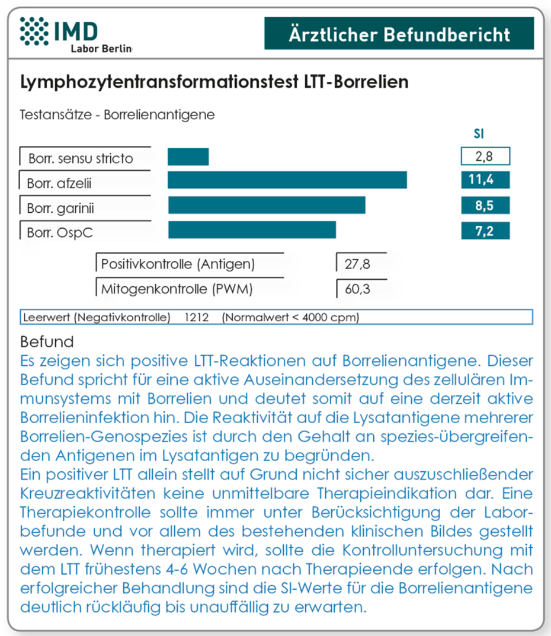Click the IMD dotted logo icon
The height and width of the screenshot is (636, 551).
(34, 31)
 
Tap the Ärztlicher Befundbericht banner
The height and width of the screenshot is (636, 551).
(399, 34)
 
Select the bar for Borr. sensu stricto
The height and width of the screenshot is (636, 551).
(188, 157)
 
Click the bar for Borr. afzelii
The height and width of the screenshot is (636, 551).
(287, 180)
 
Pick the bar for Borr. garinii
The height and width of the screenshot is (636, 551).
(267, 205)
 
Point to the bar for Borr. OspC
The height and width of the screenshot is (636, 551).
(252, 230)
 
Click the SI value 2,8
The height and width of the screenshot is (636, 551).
(485, 157)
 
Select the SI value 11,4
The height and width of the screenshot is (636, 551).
(485, 180)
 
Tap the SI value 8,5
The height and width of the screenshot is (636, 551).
(485, 206)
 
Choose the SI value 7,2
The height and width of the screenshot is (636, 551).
(485, 231)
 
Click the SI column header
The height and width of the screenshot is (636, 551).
(479, 134)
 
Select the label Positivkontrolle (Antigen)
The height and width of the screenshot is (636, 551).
(178, 264)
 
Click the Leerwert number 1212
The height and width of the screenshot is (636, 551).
(196, 318)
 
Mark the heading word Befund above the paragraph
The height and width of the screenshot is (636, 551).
(47, 342)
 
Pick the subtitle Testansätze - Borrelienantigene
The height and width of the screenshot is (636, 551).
(117, 114)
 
